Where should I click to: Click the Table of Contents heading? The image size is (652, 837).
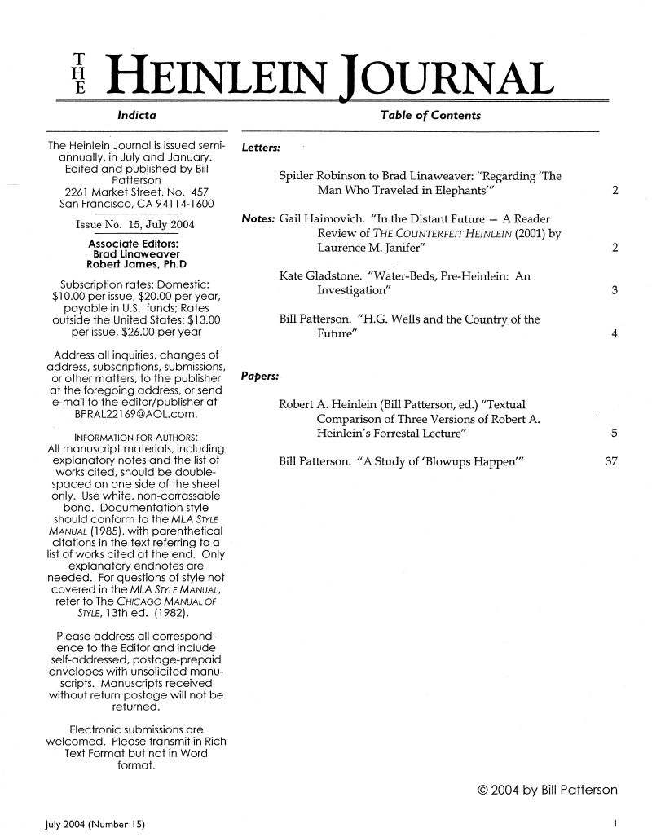click(x=430, y=116)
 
